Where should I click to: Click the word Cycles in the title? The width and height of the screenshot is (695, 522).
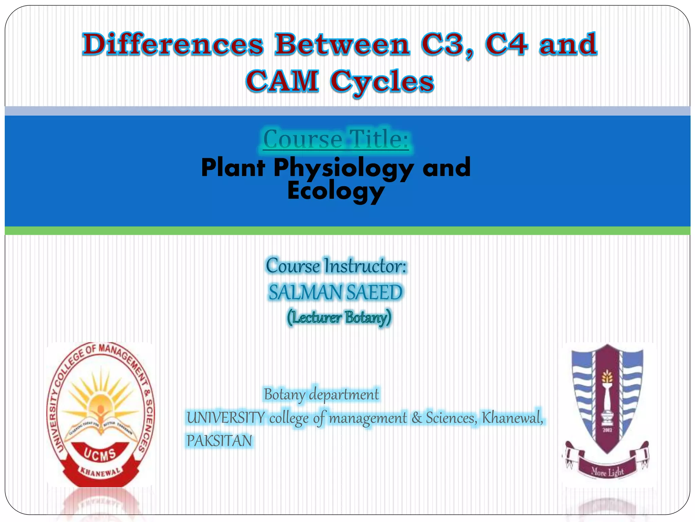pos(382,82)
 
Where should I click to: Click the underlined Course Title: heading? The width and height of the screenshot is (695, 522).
pos(336,139)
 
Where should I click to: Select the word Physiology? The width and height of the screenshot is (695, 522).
pos(343,168)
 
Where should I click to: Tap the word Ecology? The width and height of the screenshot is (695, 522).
pos(336,191)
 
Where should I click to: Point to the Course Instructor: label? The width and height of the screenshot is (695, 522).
pos(336,266)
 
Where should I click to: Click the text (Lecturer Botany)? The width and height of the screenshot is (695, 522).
pos(339,317)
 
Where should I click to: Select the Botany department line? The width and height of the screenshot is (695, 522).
pos(321,395)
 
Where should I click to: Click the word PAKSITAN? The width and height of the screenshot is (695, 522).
pos(219,441)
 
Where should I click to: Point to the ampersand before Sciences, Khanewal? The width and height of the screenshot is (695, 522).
pos(417,418)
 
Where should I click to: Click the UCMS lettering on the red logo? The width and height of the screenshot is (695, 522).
pos(100,454)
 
